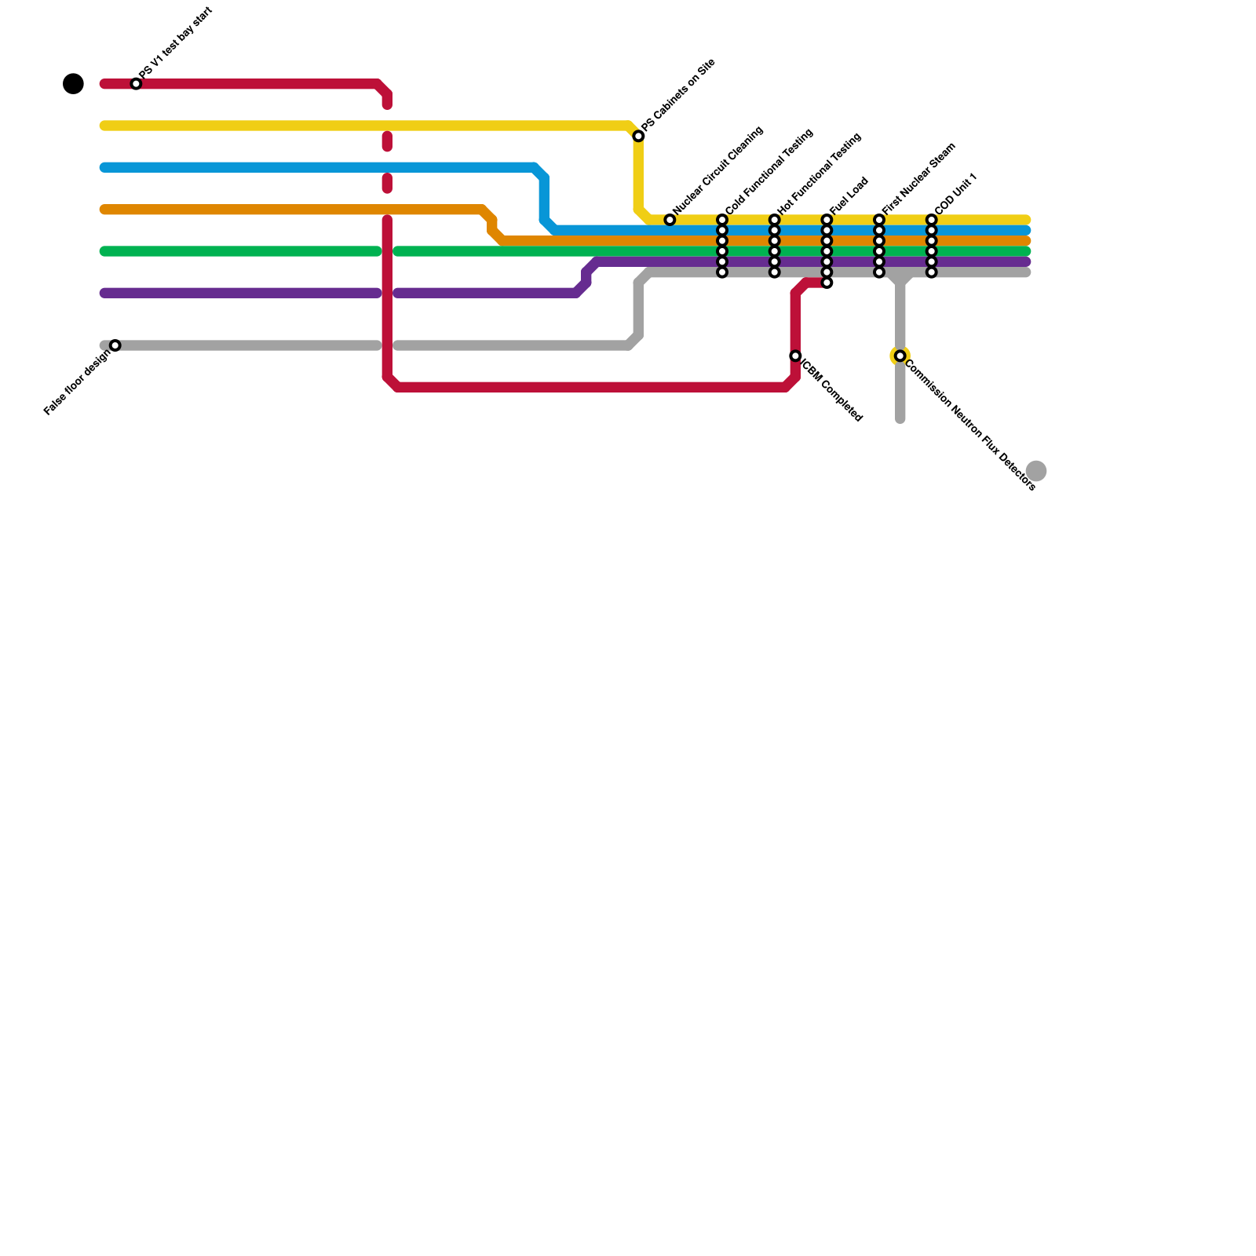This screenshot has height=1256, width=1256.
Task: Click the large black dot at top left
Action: pyautogui.click(x=73, y=83)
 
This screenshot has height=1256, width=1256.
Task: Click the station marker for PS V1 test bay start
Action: pyautogui.click(x=136, y=83)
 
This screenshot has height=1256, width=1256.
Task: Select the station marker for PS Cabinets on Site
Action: pyautogui.click(x=639, y=137)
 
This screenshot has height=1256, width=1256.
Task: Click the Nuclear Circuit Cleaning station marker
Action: pyautogui.click(x=670, y=220)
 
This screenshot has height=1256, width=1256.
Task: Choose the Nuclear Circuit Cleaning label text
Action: pyautogui.click(x=718, y=170)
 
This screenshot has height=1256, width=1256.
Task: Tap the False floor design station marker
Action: pyautogui.click(x=115, y=345)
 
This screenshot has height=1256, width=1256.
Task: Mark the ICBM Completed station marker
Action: pyautogui.click(x=795, y=356)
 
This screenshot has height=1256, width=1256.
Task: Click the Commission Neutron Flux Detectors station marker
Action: pyautogui.click(x=900, y=356)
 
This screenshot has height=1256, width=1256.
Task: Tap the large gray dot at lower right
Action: pyautogui.click(x=1036, y=471)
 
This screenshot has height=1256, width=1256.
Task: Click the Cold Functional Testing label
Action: pyautogui.click(x=769, y=171)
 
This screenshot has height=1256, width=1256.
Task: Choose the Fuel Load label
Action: pyautogui.click(x=849, y=195)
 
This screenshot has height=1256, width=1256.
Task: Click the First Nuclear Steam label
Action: pyautogui.click(x=919, y=178)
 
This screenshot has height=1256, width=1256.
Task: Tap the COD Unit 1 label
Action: pyautogui.click(x=956, y=193)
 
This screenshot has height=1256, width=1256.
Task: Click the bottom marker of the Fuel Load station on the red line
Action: pyautogui.click(x=827, y=283)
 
